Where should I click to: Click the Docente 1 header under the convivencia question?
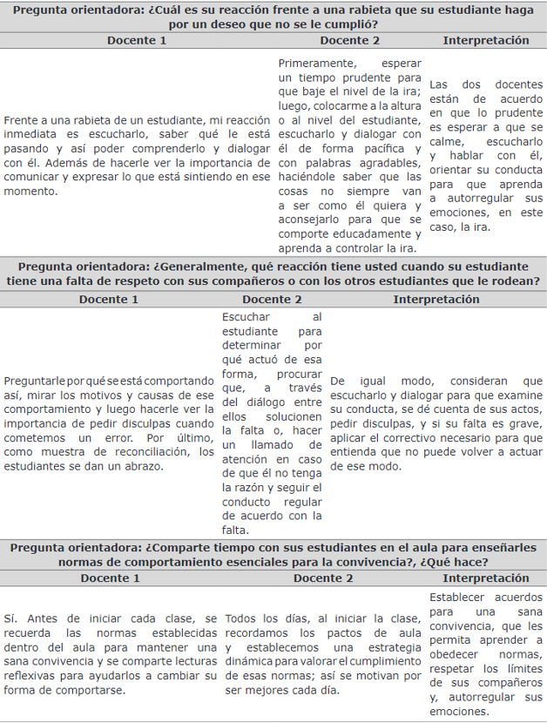(109, 578)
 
